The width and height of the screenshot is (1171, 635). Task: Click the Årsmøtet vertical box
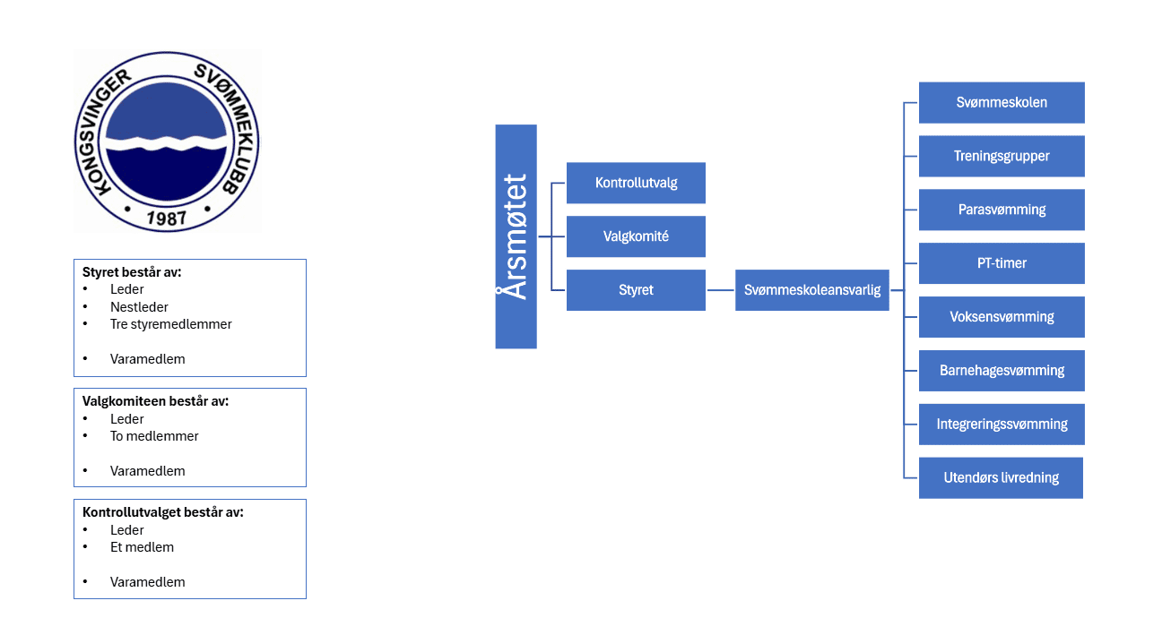(x=516, y=236)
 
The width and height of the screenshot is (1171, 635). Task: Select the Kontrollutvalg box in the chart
(x=637, y=183)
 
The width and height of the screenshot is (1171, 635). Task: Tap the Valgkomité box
(x=637, y=236)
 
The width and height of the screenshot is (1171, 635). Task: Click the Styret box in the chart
(x=637, y=290)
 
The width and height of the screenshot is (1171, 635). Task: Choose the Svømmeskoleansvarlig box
(x=812, y=290)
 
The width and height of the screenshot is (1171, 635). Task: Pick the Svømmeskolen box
(x=1002, y=102)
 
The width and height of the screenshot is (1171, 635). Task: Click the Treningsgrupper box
(x=1002, y=156)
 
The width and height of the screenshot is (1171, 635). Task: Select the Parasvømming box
(x=1002, y=210)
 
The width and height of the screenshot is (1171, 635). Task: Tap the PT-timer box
(x=1002, y=263)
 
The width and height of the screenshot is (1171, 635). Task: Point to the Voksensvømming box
(x=1002, y=317)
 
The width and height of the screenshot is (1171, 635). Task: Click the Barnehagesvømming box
(x=1002, y=371)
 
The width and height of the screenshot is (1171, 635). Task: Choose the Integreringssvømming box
(x=1002, y=424)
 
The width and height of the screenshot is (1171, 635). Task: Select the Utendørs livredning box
(x=1002, y=477)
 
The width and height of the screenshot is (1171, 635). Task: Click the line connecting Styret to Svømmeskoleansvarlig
(x=720, y=290)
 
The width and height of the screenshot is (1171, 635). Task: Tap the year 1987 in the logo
(x=166, y=218)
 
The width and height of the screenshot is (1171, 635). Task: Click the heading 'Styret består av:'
(x=132, y=272)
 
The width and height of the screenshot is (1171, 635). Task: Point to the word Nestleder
(x=139, y=307)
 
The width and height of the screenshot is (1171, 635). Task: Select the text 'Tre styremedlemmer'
(x=171, y=324)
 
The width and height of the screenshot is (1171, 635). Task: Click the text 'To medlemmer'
(x=154, y=436)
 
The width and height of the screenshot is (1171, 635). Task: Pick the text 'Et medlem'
(x=142, y=547)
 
